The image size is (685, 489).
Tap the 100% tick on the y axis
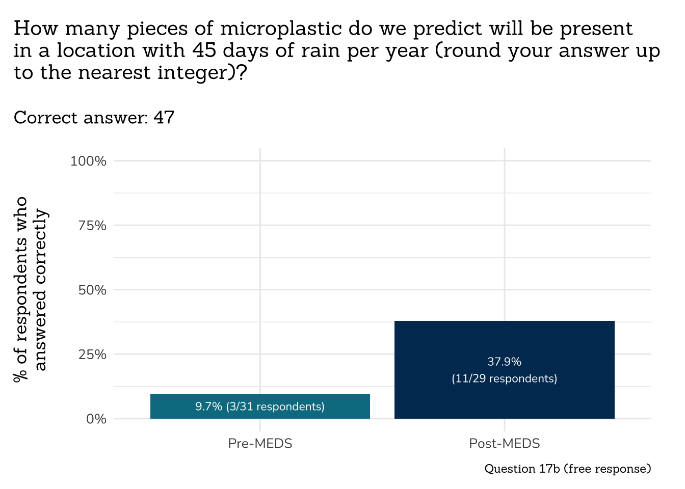[88, 161]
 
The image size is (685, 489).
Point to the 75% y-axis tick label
[92, 226]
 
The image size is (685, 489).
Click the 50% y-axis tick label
[92, 290]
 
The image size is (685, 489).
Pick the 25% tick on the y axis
[92, 355]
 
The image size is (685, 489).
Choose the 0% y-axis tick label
[96, 419]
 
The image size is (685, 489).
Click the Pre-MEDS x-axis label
[260, 444]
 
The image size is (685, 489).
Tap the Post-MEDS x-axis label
[504, 444]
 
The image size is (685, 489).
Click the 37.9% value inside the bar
[504, 362]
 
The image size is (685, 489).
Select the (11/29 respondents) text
[504, 379]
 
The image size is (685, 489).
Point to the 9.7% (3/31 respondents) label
[260, 406]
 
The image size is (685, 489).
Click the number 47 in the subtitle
[164, 118]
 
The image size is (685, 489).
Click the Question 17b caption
[567, 469]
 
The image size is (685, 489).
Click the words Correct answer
[81, 118]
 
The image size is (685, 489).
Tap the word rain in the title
[320, 50]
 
